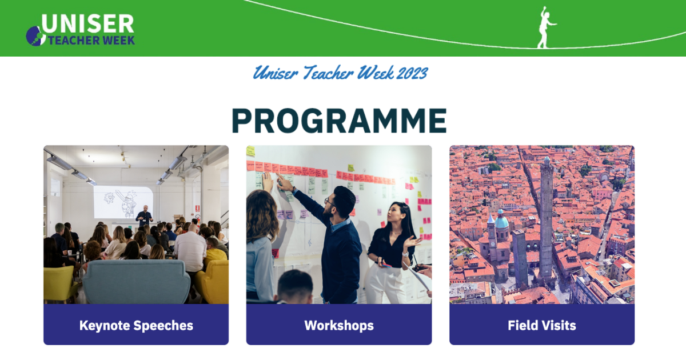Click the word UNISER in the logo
tap(87, 24)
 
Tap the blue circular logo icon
tap(35, 36)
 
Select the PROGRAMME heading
tap(339, 121)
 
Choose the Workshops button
tap(339, 325)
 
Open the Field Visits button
tap(541, 325)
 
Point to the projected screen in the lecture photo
tap(122, 202)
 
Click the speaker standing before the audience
tap(144, 217)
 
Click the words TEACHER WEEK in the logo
tap(91, 41)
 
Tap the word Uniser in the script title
tap(276, 73)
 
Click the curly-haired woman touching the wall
tap(261, 240)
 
